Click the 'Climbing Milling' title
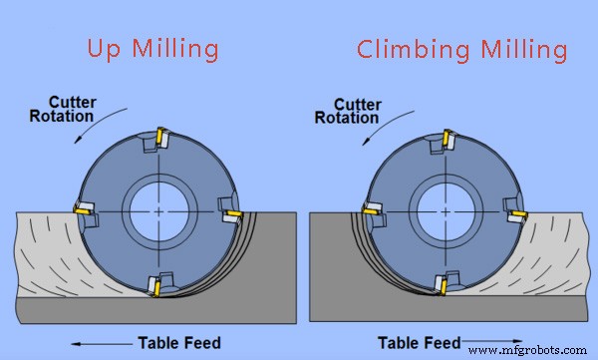coord(462,48)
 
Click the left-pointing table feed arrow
coord(102,342)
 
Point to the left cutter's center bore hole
coord(158,211)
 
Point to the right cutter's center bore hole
coord(446,211)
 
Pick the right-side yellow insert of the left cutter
coord(231,214)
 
